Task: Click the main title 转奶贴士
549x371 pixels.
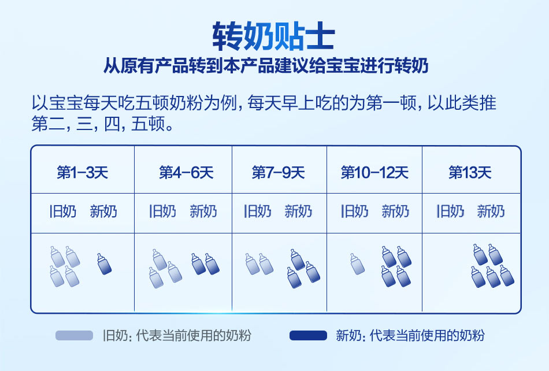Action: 273,36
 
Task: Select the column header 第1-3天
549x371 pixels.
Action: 83,173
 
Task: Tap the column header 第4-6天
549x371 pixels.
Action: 186,173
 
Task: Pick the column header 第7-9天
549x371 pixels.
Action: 279,173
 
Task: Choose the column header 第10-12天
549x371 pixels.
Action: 374,173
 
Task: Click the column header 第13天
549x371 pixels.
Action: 470,173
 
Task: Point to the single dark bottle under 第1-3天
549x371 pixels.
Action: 104,264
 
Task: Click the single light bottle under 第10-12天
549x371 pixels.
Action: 357,264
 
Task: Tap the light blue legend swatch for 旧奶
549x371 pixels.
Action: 74,336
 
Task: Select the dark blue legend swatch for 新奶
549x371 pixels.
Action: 308,336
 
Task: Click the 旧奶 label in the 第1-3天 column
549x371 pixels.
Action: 63,212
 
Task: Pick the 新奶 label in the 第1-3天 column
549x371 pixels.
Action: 103,212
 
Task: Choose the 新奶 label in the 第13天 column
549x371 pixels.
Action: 491,212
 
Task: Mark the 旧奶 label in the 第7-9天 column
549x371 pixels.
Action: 258,212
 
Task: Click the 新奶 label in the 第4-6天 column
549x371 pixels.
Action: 203,212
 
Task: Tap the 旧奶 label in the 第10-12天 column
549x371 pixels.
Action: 355,212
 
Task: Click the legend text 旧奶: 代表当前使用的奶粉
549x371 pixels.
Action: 177,336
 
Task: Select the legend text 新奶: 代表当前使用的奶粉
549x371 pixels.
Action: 410,336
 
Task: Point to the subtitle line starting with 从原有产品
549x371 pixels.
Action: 266,66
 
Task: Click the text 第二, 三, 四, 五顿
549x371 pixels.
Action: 102,124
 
